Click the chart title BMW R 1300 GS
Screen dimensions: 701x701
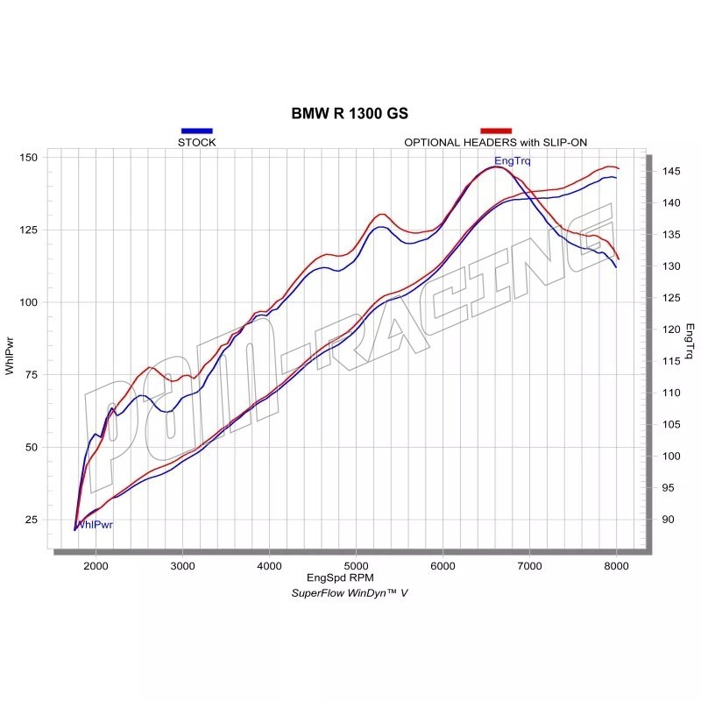tap(350, 114)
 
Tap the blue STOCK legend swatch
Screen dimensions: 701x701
tap(196, 131)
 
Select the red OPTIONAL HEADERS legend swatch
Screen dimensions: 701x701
tap(496, 131)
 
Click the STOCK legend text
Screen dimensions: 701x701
tap(196, 142)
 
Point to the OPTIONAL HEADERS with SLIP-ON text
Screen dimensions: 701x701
tap(496, 142)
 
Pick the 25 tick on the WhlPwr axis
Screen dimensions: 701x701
tap(30, 520)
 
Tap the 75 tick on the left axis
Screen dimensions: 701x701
tap(30, 374)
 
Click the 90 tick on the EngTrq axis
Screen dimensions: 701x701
tap(666, 520)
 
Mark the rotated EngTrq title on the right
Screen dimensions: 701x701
tap(690, 343)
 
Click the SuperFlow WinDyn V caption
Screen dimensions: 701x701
tap(350, 593)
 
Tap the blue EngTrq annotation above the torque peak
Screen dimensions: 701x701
tap(513, 160)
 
